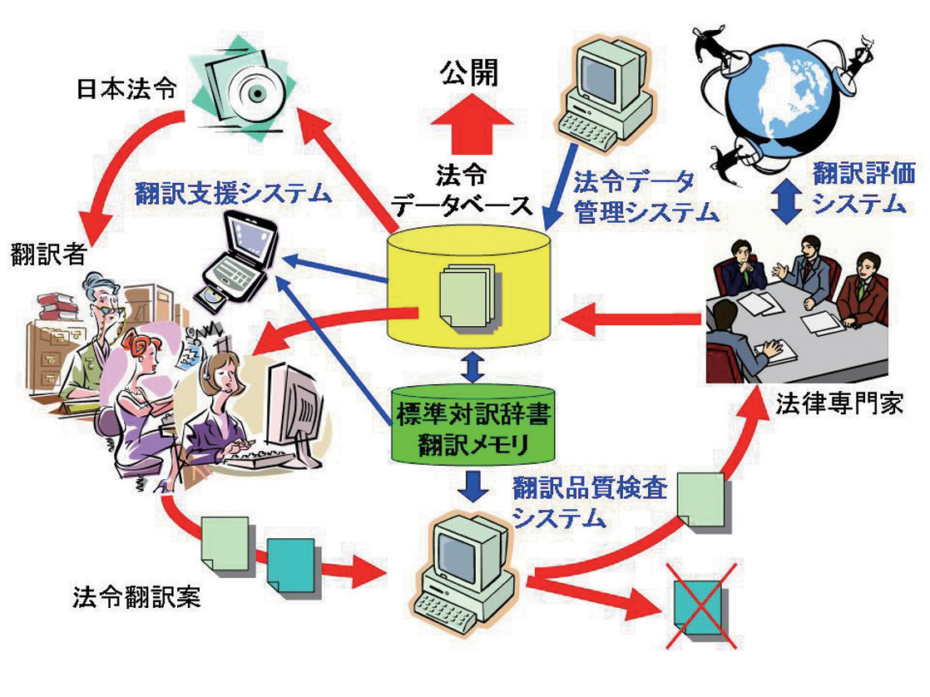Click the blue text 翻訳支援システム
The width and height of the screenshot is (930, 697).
point(234,194)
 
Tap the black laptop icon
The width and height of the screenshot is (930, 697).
point(239,255)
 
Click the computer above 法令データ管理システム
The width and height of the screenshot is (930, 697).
point(606,91)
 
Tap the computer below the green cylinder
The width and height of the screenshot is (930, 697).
point(467,566)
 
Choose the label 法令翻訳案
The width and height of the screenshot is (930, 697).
point(136,597)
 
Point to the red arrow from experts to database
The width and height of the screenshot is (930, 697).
point(632,319)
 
